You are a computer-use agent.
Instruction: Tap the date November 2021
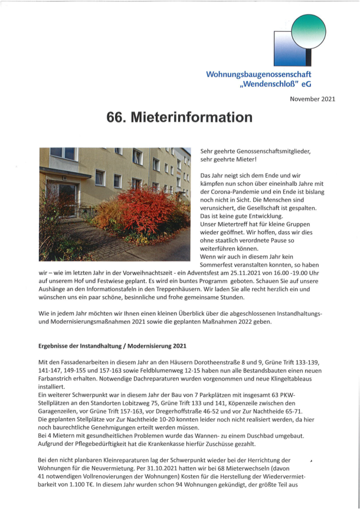tap(313, 98)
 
